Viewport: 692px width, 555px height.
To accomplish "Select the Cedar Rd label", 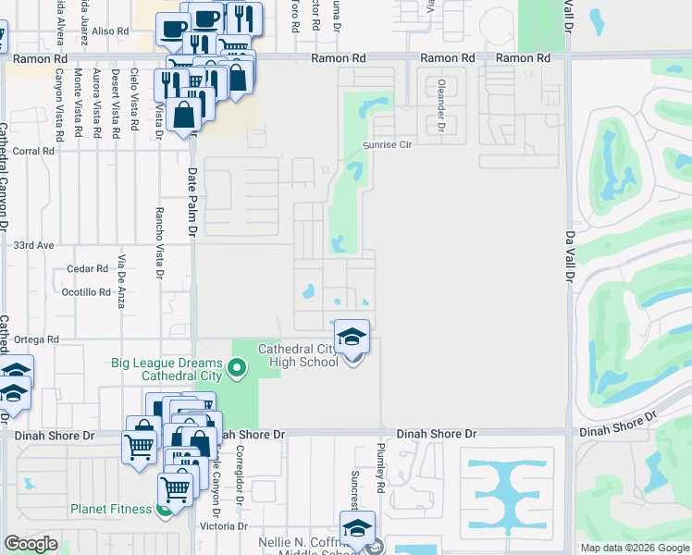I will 88,269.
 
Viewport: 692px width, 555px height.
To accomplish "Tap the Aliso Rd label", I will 110,31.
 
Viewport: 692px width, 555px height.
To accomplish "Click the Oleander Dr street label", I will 436,105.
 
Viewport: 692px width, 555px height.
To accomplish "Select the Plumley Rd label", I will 380,461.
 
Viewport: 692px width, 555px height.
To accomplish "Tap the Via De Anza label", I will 121,280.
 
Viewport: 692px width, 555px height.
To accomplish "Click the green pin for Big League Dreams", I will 237,370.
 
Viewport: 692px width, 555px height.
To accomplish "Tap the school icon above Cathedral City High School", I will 352,337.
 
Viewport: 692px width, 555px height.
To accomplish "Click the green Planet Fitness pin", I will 165,508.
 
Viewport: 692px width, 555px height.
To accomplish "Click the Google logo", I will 31,543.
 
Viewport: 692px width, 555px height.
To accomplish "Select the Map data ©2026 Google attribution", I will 634,548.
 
